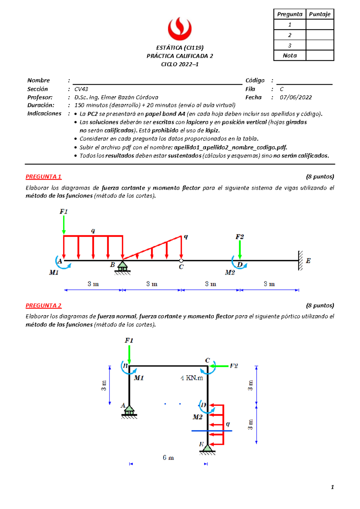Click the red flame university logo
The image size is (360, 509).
(179, 29)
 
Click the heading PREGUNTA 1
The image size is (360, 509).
(43, 176)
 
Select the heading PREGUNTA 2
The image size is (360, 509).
(43, 305)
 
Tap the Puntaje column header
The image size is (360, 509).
(319, 14)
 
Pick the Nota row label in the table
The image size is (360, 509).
(289, 56)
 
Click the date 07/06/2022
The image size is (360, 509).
(295, 97)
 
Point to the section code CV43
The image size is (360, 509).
(81, 89)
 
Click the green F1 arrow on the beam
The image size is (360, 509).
(64, 224)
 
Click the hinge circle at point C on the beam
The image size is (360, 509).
(181, 261)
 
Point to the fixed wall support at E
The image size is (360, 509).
(300, 261)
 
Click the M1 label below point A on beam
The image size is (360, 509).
(54, 273)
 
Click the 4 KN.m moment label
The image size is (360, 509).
(192, 378)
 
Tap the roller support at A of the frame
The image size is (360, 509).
(129, 411)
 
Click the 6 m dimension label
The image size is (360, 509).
(168, 457)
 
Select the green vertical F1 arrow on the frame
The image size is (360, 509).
(129, 354)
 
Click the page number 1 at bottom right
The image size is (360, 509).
(332, 487)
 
